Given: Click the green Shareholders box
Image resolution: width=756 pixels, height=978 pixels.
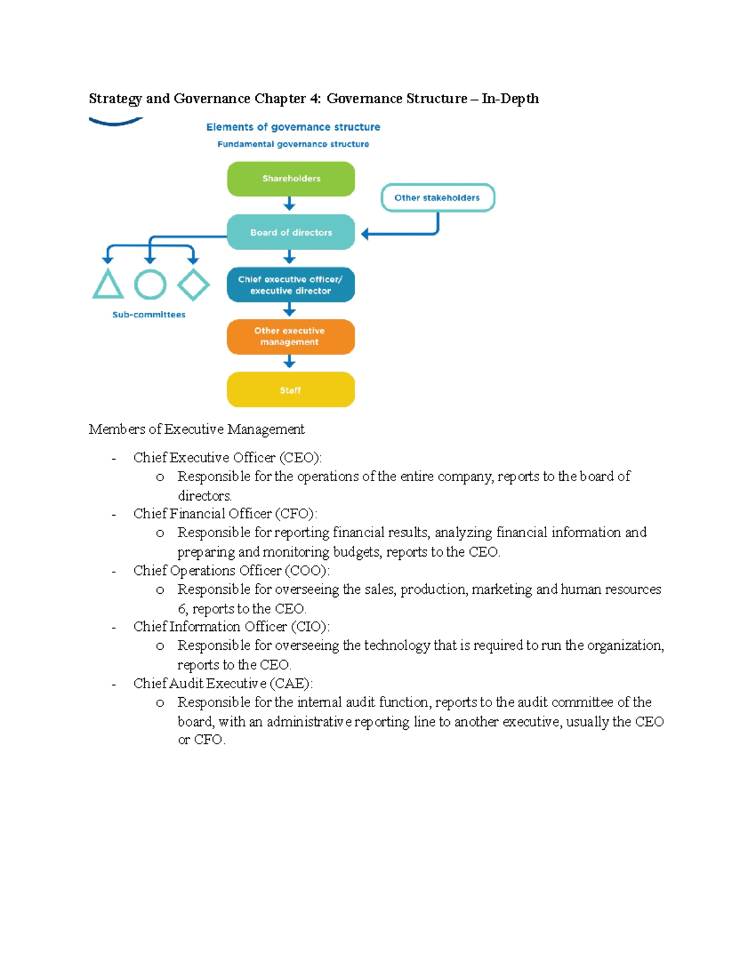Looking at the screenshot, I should [x=290, y=179].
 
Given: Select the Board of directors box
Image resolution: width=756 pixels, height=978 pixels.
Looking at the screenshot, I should [x=290, y=232].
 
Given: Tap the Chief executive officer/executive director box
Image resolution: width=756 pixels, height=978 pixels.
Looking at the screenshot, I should [x=290, y=285].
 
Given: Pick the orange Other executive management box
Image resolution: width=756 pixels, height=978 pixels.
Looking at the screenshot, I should [x=290, y=336].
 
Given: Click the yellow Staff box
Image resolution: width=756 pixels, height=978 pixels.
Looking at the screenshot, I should [x=290, y=390].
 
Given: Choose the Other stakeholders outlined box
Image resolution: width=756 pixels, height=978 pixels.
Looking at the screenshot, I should [x=437, y=198].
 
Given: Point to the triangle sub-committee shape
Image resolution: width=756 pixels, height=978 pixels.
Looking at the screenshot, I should [x=108, y=285].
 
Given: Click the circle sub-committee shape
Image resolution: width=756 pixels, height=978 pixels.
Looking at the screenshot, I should [x=150, y=285].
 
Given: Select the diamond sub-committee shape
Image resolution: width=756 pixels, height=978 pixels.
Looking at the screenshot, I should [x=193, y=285].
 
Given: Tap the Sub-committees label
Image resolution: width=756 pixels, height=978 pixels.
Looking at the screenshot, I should [x=149, y=315].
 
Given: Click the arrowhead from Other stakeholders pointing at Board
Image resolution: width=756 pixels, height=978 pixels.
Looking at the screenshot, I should [x=365, y=234].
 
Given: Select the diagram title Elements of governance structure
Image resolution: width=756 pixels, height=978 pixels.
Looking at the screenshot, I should [x=293, y=127].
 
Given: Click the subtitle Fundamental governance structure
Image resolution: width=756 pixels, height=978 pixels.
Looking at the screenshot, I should [x=293, y=144].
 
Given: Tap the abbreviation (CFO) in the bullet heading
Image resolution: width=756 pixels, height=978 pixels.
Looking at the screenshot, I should [x=296, y=514].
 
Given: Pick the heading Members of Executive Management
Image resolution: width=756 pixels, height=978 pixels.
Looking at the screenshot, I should [x=197, y=429].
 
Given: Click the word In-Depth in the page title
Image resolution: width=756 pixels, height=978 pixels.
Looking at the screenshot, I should [x=510, y=99].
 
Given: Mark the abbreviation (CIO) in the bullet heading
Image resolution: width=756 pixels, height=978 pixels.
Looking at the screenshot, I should [x=310, y=627].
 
